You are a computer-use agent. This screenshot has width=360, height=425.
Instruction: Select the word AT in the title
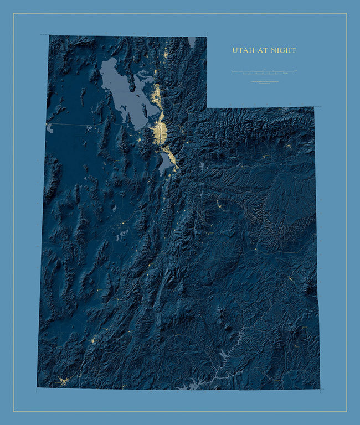click(264, 50)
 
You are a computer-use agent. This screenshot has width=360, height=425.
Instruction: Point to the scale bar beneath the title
click(264, 72)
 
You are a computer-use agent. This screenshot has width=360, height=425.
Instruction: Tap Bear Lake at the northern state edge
click(192, 42)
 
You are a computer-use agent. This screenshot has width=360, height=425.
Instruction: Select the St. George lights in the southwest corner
click(63, 381)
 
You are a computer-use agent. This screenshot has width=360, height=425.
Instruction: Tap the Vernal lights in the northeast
click(289, 146)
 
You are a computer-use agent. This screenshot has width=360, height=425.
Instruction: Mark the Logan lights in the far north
click(166, 55)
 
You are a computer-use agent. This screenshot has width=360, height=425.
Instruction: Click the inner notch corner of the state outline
click(207, 107)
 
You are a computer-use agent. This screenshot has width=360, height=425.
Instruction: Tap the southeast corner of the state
click(320, 388)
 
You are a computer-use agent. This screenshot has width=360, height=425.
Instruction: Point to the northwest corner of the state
click(49, 36)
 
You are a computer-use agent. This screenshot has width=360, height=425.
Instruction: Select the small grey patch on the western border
click(50, 128)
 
